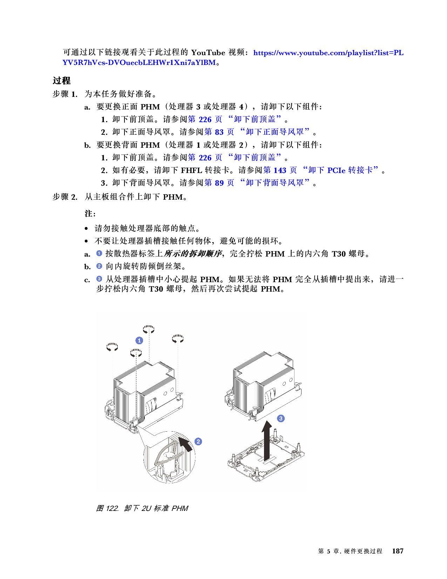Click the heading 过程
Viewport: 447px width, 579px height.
click(62, 81)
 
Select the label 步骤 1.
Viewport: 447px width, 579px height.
click(65, 94)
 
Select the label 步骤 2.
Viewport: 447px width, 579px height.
click(65, 197)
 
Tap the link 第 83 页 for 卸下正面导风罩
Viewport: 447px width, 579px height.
click(219, 132)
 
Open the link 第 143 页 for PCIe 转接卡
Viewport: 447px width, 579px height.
click(280, 170)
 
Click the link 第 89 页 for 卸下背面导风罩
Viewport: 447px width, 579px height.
click(219, 183)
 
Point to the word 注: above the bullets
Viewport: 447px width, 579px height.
click(90, 213)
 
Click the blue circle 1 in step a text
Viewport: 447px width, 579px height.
click(99, 253)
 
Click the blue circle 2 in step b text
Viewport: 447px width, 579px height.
click(99, 266)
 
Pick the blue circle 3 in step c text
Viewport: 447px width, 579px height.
click(99, 279)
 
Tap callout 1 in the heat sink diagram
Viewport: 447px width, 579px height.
click(139, 340)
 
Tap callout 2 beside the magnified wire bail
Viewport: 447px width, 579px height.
click(198, 441)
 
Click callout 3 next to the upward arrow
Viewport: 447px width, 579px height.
click(280, 418)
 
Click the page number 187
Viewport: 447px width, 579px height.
click(398, 551)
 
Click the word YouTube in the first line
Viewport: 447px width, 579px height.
click(208, 53)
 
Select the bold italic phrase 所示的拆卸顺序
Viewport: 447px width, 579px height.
click(193, 253)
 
